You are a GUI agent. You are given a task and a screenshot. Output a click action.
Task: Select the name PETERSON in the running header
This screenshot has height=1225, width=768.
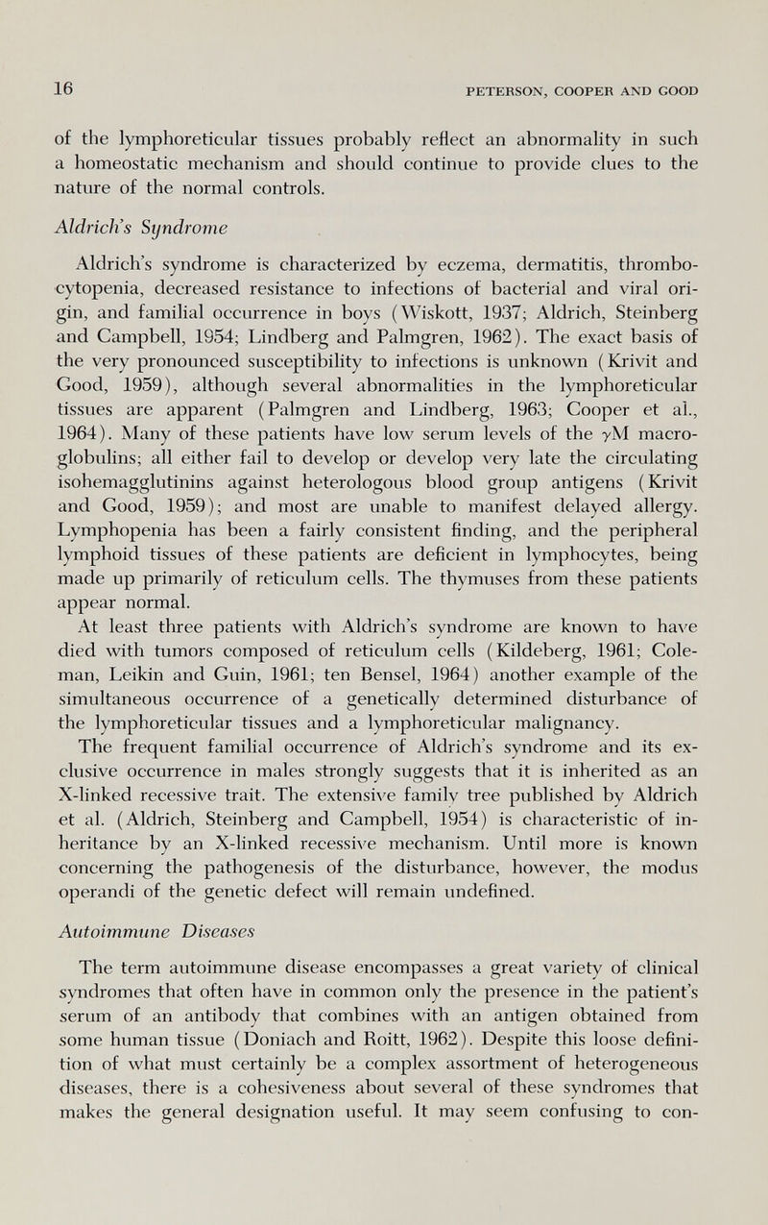click(507, 91)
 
